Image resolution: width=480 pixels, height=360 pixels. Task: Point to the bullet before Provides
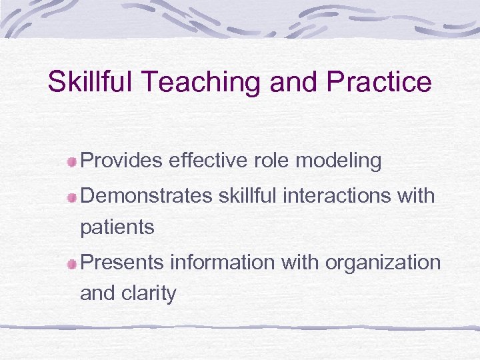click(x=72, y=161)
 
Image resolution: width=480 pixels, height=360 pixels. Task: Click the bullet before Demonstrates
click(x=72, y=197)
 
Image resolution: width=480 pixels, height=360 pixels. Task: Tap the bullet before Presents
click(x=72, y=263)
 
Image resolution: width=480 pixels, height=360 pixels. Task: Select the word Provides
click(x=122, y=161)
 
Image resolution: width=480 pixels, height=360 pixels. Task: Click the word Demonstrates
click(x=145, y=196)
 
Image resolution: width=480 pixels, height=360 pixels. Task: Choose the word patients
click(x=117, y=228)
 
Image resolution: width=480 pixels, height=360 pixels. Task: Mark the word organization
click(x=383, y=263)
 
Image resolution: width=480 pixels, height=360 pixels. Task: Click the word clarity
click(x=152, y=293)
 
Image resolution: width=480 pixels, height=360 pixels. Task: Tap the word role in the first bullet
click(x=275, y=161)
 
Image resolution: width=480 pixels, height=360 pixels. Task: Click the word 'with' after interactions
click(x=415, y=196)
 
